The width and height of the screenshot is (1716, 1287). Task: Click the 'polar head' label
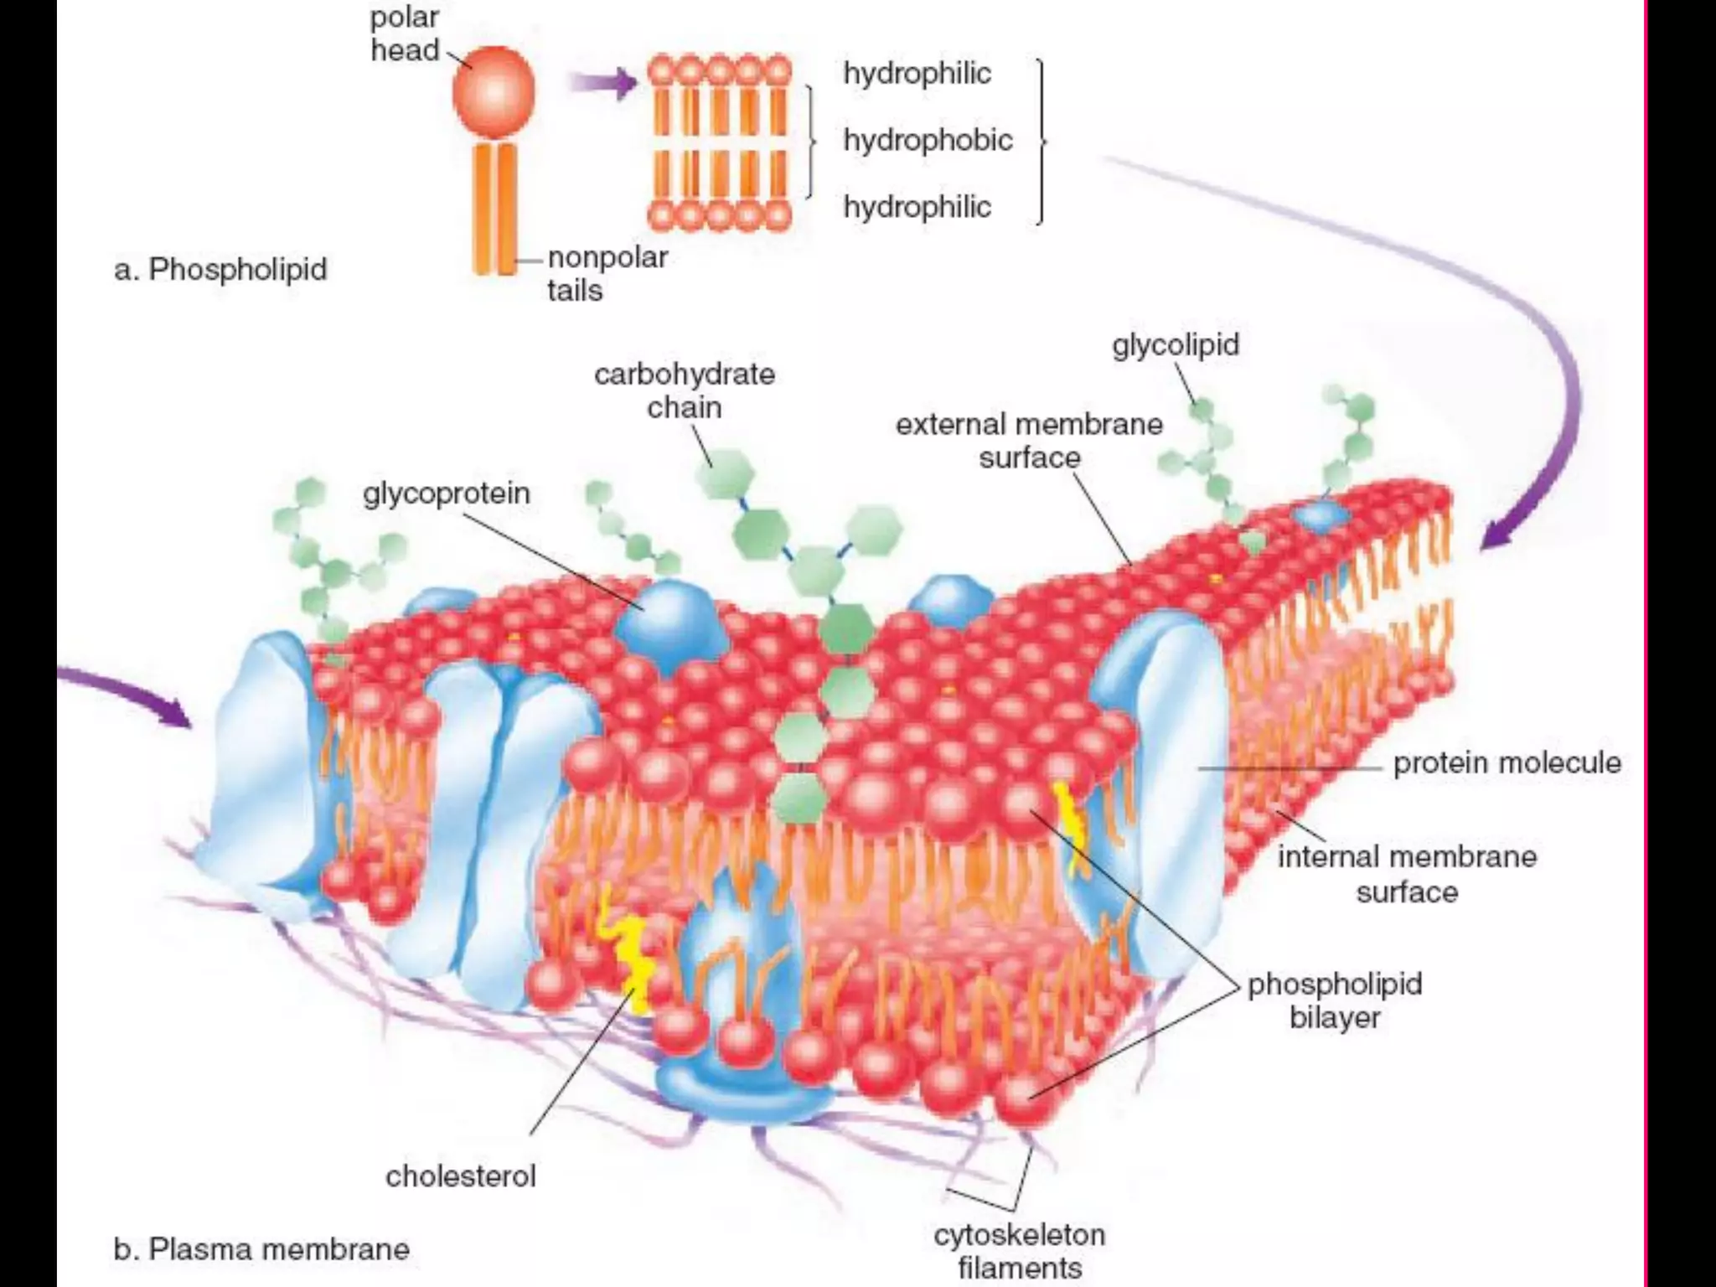click(x=405, y=34)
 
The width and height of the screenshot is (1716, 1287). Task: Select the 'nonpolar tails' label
click(x=607, y=273)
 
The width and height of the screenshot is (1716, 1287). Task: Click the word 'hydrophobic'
click(x=928, y=140)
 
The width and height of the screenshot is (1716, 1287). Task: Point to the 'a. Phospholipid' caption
click(x=220, y=270)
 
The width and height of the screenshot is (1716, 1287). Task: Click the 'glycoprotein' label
click(x=447, y=493)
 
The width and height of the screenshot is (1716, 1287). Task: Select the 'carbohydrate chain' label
click(x=684, y=390)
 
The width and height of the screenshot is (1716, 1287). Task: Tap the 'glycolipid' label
click(x=1176, y=344)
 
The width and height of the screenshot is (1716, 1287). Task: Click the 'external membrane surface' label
click(x=1029, y=441)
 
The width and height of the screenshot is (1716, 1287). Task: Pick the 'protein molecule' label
click(x=1507, y=762)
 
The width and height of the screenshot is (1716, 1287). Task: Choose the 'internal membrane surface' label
click(x=1407, y=874)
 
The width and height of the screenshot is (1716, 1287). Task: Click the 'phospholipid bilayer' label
click(x=1334, y=1000)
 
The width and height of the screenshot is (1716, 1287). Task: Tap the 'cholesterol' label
click(x=460, y=1176)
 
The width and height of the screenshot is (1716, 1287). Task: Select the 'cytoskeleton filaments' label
click(x=1019, y=1251)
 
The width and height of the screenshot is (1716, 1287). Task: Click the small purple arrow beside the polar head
click(x=602, y=83)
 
